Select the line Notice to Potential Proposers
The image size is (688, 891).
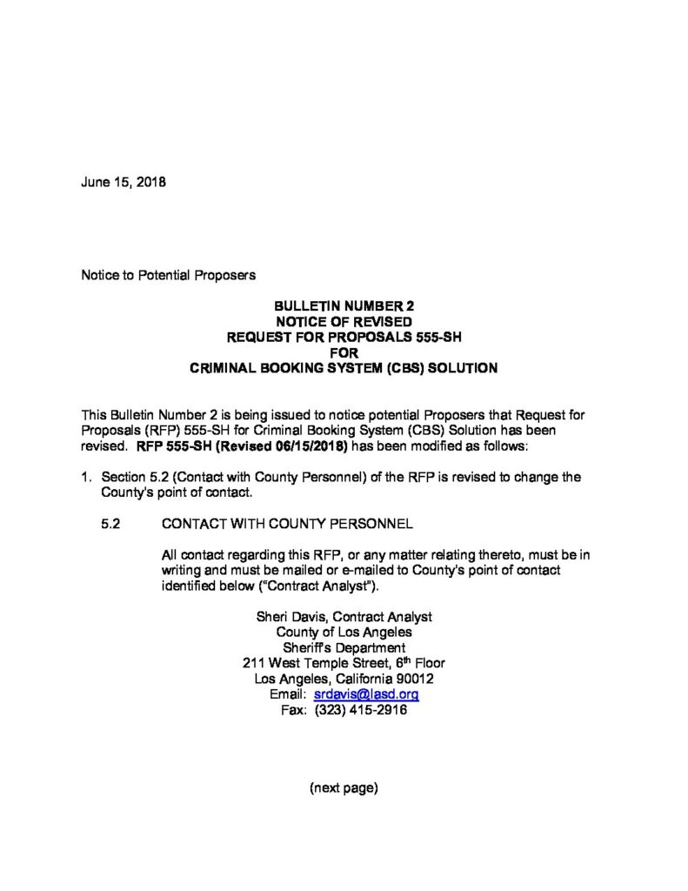click(x=168, y=275)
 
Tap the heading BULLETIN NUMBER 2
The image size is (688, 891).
click(x=344, y=306)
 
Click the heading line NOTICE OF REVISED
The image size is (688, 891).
click(x=344, y=322)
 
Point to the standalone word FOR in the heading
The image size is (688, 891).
click(x=344, y=352)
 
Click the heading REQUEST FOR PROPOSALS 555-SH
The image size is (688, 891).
click(x=344, y=338)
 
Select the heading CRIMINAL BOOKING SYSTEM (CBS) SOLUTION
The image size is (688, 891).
click(x=344, y=368)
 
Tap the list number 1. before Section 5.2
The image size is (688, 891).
click(x=87, y=478)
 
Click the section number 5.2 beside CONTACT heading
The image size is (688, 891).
click(x=111, y=525)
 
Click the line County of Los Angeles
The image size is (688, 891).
click(x=344, y=632)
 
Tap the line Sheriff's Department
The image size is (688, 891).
click(x=344, y=647)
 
